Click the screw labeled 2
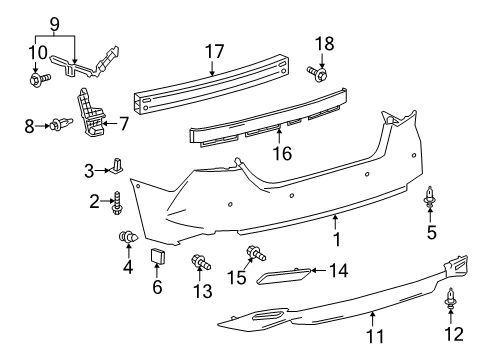tap(117, 203)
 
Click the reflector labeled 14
tap(283, 274)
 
